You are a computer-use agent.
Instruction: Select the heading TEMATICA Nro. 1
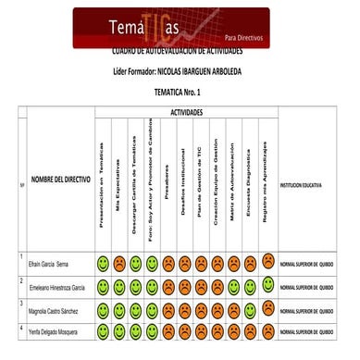(x=180, y=93)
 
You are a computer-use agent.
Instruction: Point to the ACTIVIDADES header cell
(x=186, y=111)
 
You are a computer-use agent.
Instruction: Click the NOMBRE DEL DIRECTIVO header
(x=60, y=180)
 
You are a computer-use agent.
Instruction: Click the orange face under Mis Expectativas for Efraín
(x=118, y=264)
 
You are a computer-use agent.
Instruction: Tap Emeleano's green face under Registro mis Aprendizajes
(x=267, y=284)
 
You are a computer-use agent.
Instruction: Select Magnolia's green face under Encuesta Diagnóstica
(x=251, y=307)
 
